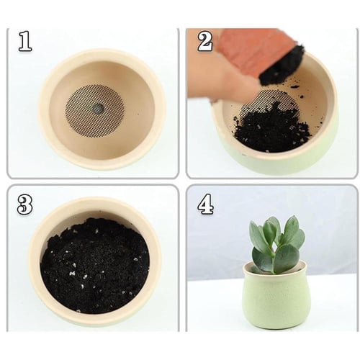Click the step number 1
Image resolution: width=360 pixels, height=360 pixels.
click(25, 41)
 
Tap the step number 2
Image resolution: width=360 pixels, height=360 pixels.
click(204, 42)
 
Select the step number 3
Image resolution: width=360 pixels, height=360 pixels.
click(25, 205)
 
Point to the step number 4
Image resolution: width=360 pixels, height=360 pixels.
click(205, 204)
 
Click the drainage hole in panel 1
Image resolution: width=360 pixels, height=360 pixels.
click(99, 109)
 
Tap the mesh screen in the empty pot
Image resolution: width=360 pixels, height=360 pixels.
click(95, 109)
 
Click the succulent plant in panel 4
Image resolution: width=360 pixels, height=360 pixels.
click(277, 245)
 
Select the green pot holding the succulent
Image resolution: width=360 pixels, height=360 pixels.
click(275, 297)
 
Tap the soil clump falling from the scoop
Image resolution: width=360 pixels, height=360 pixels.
click(283, 65)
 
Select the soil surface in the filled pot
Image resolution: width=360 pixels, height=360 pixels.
click(95, 265)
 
